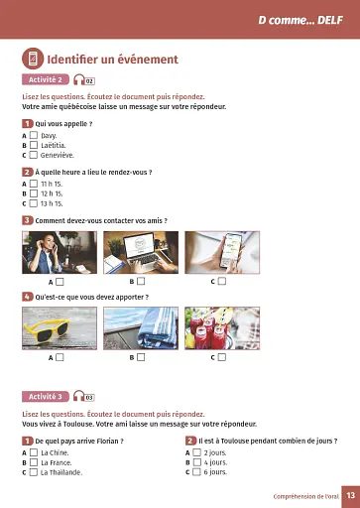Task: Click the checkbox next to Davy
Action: (34, 135)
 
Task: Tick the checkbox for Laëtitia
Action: (34, 145)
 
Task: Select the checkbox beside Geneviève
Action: (34, 155)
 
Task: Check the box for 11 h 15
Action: (34, 184)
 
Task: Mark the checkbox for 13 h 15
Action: (34, 203)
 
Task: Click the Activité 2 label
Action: (45, 79)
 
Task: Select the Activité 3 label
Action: (45, 397)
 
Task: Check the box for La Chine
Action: (34, 452)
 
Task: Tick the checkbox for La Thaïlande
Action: (34, 472)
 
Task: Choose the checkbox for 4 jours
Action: (196, 462)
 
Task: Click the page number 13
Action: (350, 495)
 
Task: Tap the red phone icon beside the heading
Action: (32, 60)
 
